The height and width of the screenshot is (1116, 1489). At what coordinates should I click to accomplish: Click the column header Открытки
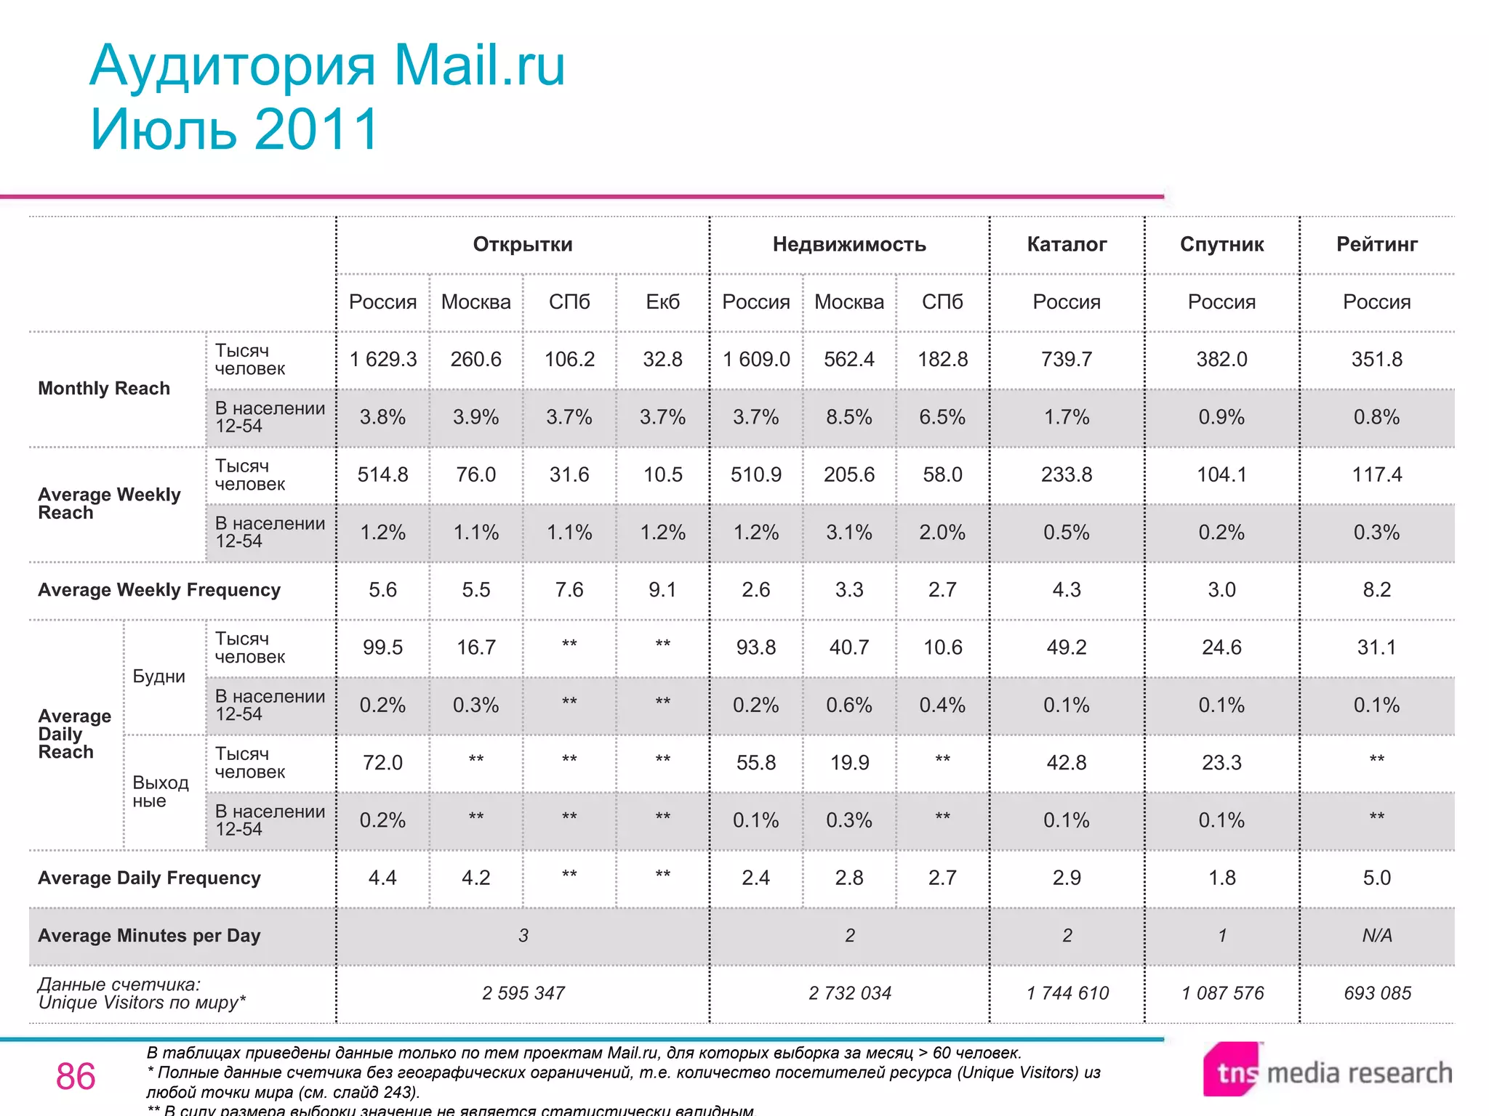point(523,244)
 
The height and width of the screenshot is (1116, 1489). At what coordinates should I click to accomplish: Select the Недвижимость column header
point(849,244)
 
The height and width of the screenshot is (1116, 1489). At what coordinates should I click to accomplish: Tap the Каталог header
point(1067,244)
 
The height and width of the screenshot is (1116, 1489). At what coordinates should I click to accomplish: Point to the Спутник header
point(1221,244)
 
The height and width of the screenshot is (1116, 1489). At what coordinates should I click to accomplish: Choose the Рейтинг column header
point(1377,244)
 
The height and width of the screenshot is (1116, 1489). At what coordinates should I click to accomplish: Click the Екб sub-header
point(662,302)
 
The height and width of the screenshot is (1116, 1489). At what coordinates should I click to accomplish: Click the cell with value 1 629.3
point(383,359)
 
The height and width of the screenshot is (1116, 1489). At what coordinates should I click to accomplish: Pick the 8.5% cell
point(849,417)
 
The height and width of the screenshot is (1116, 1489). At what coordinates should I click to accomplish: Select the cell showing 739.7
point(1067,359)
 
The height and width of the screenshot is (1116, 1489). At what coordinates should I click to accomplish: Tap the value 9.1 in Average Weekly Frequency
point(662,590)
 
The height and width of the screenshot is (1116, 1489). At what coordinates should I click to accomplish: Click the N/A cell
point(1377,935)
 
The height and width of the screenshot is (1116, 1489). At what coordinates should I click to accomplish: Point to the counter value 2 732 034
point(849,993)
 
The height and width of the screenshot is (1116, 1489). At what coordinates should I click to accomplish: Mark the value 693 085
point(1377,993)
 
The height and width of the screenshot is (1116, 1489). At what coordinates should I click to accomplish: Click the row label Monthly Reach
point(104,389)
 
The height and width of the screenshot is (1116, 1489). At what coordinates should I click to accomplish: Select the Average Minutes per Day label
point(149,936)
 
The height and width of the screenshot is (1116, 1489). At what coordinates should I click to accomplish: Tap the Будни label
point(158,676)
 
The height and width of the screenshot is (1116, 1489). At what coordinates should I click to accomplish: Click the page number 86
point(76,1076)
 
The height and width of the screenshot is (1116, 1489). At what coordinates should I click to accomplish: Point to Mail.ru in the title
point(479,65)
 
